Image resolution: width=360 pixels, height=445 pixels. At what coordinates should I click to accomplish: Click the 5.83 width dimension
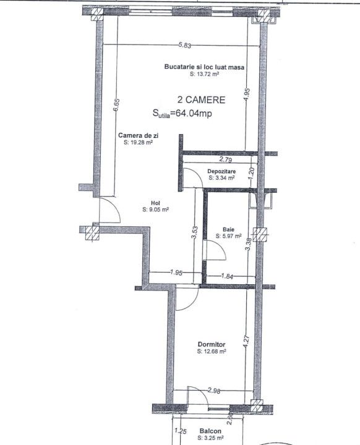tap(185, 45)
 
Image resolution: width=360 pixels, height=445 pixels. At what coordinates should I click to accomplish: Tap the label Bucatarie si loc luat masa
tap(204, 67)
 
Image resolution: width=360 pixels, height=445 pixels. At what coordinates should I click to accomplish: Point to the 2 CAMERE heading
tap(201, 100)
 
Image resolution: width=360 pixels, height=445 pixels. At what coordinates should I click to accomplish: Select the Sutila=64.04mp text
tap(182, 114)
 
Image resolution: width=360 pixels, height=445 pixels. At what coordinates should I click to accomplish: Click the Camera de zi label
tap(139, 135)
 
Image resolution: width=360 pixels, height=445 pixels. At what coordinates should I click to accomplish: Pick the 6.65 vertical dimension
tap(116, 106)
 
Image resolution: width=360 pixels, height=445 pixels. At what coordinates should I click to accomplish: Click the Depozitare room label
tap(221, 171)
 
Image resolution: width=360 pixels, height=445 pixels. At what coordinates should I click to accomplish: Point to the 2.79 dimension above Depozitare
tap(226, 159)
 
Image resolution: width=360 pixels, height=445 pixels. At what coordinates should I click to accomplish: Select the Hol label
tap(156, 203)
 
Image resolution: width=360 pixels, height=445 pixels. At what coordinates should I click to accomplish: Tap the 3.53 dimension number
tap(195, 233)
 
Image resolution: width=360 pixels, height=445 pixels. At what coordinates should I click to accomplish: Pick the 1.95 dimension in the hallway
tap(176, 273)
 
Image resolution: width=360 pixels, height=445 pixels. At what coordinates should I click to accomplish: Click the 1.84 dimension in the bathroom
tap(227, 276)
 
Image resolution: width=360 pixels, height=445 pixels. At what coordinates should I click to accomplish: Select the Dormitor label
tap(212, 344)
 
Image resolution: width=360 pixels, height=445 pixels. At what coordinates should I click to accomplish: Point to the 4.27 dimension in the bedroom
tap(246, 342)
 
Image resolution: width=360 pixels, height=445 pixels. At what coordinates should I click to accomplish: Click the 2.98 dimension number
tap(214, 391)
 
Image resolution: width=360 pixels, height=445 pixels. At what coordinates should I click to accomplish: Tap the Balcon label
tap(210, 431)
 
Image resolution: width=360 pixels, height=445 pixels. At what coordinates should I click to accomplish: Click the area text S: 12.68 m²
tap(212, 351)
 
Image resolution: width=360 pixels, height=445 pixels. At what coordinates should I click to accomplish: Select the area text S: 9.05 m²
tap(156, 210)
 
